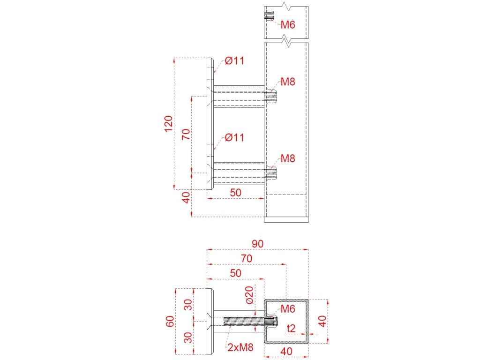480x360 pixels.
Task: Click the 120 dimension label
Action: pyautogui.click(x=169, y=124)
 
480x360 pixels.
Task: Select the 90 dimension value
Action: pyautogui.click(x=257, y=244)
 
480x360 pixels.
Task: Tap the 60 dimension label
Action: pyautogui.click(x=170, y=321)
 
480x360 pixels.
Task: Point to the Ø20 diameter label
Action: pyautogui.click(x=249, y=295)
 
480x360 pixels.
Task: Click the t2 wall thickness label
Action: pyautogui.click(x=291, y=328)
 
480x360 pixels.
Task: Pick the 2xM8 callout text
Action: pyautogui.click(x=240, y=347)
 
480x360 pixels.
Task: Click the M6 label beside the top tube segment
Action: pyautogui.click(x=288, y=24)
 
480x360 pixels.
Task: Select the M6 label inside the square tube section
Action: pyautogui.click(x=288, y=309)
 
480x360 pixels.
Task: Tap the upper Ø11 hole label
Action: pyautogui.click(x=234, y=60)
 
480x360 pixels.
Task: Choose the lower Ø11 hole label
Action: pyautogui.click(x=234, y=137)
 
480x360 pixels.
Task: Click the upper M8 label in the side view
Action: pyautogui.click(x=288, y=82)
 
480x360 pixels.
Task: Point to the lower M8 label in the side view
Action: pyautogui.click(x=288, y=158)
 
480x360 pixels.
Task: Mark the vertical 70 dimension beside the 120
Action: pyautogui.click(x=186, y=135)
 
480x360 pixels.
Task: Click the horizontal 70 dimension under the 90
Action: pyautogui.click(x=247, y=258)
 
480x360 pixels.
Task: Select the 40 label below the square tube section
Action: pyautogui.click(x=286, y=352)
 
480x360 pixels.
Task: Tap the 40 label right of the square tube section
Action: pyautogui.click(x=322, y=321)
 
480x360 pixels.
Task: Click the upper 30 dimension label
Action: pyautogui.click(x=188, y=305)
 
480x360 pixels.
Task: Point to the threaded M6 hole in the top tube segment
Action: pyautogui.click(x=270, y=15)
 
